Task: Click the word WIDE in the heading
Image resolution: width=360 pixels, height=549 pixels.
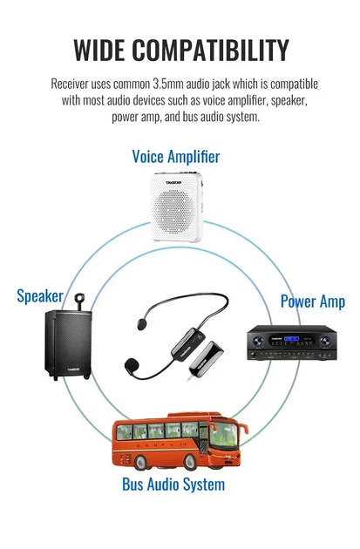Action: point(99,50)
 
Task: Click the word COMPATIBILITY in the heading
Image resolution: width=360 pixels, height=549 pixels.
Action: point(210,50)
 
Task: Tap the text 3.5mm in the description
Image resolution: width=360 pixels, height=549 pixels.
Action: point(168,84)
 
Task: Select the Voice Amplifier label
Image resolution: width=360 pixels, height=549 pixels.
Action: point(176,156)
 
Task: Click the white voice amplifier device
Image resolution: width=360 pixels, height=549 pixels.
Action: point(176,207)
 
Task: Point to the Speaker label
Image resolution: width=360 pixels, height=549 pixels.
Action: point(40,296)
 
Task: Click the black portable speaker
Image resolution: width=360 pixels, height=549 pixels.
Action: point(68,344)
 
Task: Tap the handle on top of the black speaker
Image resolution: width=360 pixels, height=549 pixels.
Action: point(80,302)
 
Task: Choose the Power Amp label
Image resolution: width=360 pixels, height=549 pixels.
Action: point(313,302)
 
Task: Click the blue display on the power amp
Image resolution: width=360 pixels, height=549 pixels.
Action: point(291,339)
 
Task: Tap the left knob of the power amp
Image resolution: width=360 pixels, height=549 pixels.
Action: point(258,341)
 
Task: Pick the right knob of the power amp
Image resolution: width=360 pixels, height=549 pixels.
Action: point(325,341)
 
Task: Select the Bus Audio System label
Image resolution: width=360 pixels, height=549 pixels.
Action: point(173,485)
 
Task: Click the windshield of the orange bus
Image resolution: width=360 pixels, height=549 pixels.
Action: point(223,437)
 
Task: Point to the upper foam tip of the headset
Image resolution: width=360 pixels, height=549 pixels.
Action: point(142,323)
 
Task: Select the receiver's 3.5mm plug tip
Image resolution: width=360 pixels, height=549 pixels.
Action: point(189,378)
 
